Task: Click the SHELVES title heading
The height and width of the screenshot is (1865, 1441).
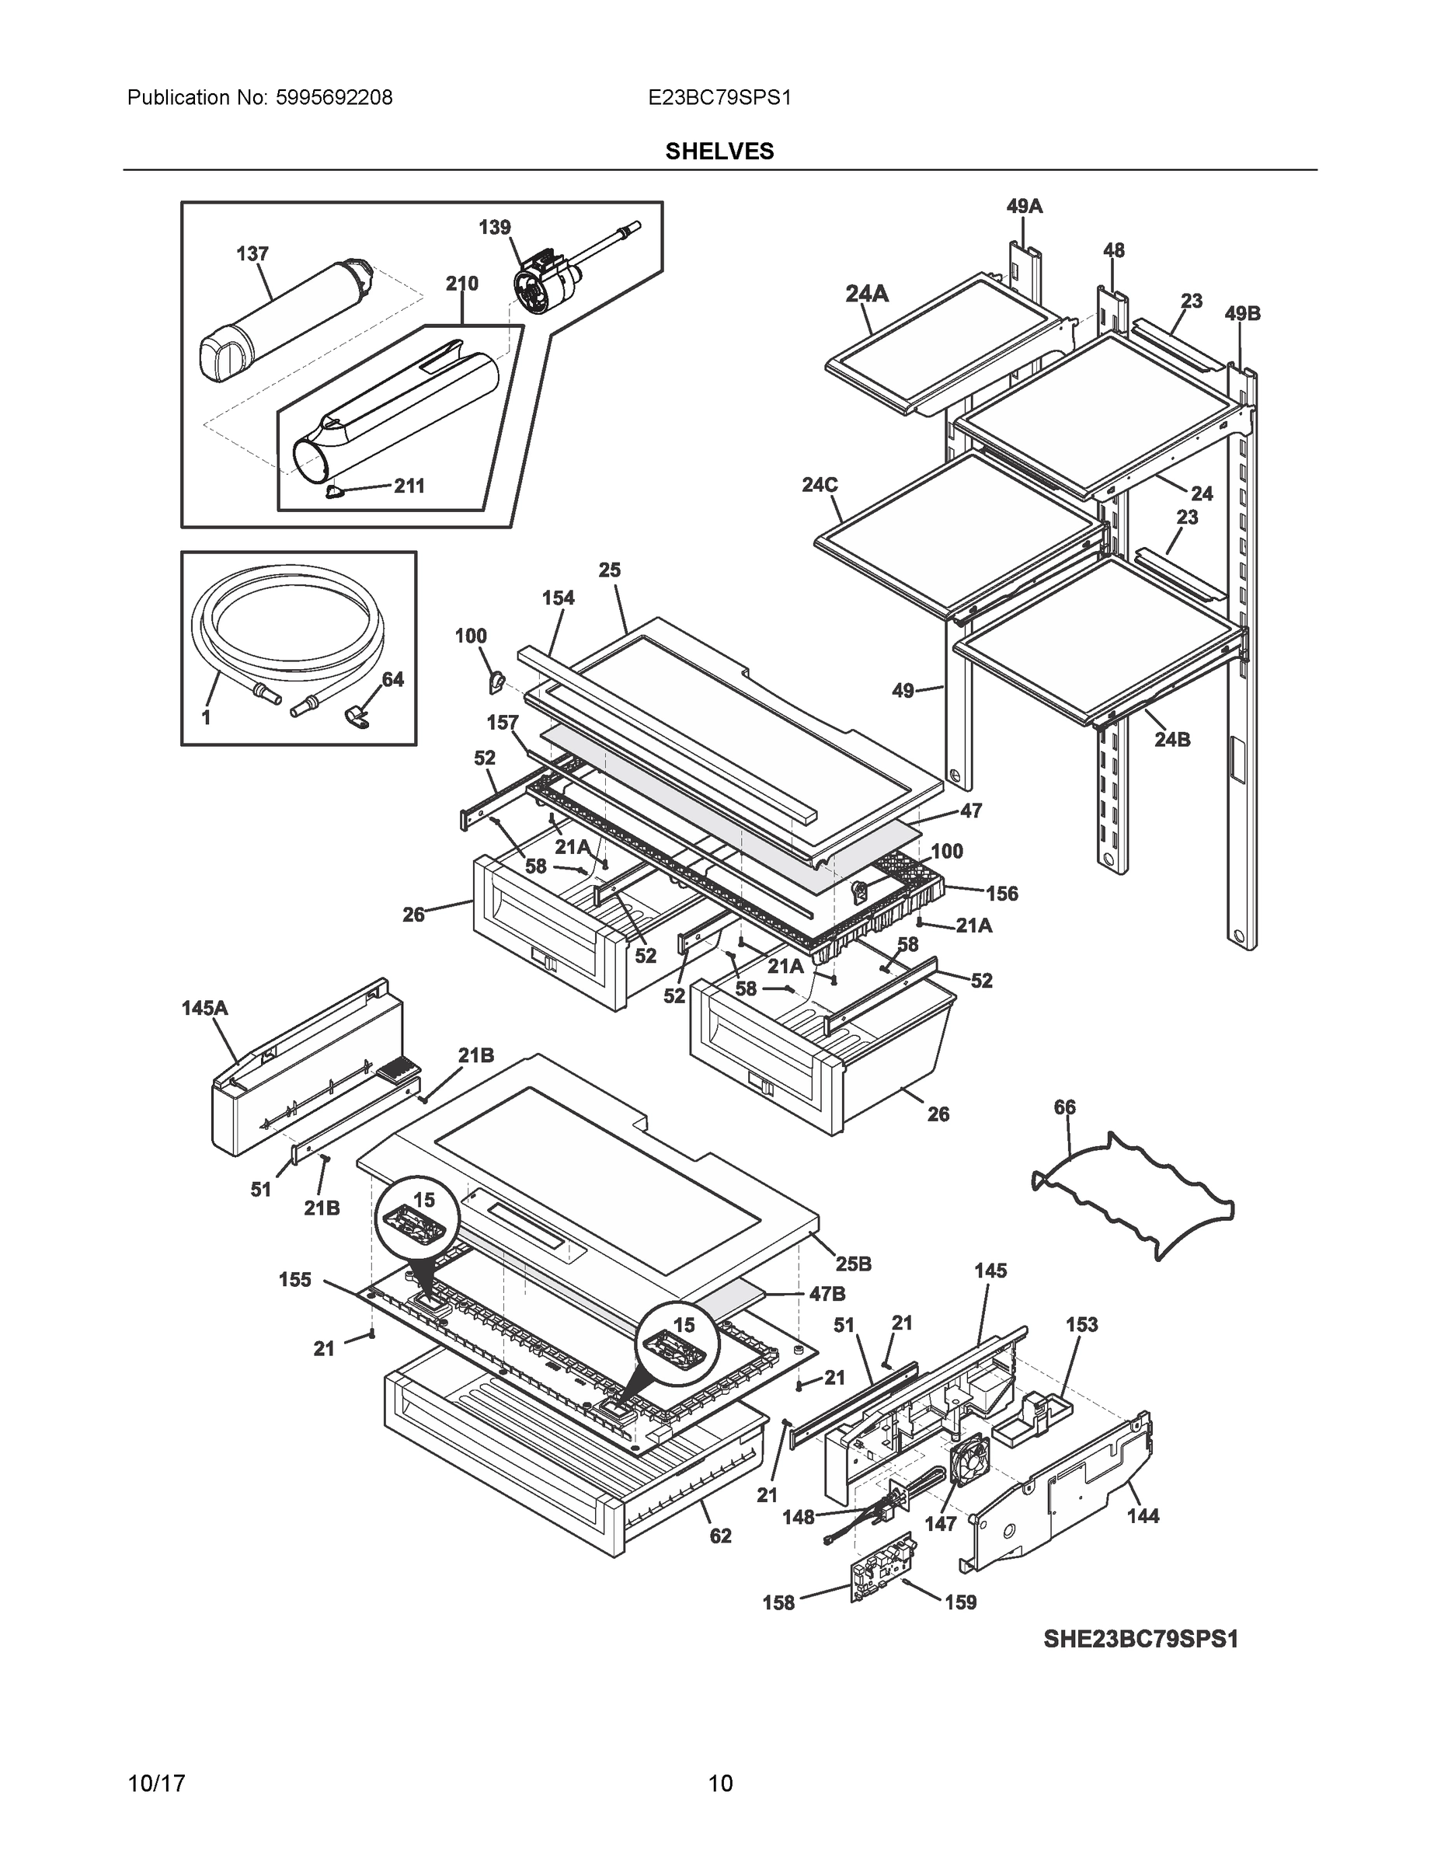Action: [719, 152]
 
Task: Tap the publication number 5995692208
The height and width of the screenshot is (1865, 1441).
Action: [334, 98]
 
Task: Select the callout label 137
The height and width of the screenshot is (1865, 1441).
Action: [252, 253]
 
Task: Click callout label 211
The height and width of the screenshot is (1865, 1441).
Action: [409, 486]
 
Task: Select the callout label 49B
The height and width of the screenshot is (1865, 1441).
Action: [1242, 313]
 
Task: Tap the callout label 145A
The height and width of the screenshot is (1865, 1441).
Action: [204, 1009]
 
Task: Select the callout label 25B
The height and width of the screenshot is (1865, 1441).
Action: [853, 1264]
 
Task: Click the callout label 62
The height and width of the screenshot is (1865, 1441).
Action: [721, 1536]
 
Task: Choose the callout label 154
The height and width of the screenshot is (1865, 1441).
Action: [559, 598]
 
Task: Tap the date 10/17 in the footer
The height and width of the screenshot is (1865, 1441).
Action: [156, 1784]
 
